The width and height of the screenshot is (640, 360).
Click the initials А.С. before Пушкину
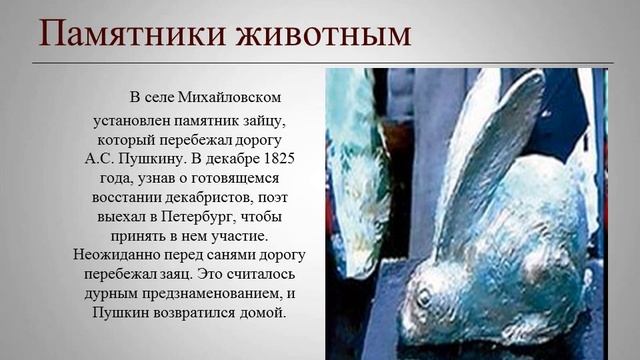[x=100, y=159]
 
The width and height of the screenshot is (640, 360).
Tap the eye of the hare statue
[x=423, y=297]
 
